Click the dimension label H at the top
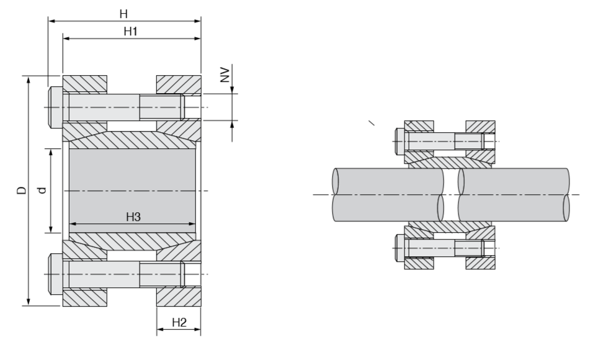click(x=126, y=13)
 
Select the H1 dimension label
click(x=130, y=31)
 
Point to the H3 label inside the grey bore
click(x=133, y=217)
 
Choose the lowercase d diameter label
click(x=42, y=192)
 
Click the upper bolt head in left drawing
click(x=54, y=107)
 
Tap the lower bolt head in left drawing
click(x=54, y=274)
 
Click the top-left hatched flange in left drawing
click(x=84, y=83)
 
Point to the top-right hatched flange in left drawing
click(x=179, y=83)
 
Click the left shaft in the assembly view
click(x=385, y=195)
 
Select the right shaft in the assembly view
click(x=515, y=195)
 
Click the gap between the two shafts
click(x=452, y=195)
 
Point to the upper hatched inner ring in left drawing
click(x=133, y=140)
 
